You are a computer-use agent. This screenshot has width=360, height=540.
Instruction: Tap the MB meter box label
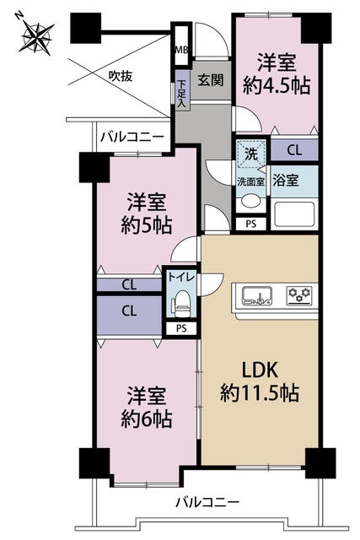click(x=182, y=50)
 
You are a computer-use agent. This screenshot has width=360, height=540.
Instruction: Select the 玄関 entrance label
click(x=211, y=80)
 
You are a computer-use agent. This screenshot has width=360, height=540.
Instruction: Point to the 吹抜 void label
click(x=120, y=76)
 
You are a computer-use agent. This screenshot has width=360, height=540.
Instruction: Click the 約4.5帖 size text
click(x=277, y=86)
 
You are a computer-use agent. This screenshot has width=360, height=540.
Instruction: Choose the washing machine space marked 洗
click(x=251, y=154)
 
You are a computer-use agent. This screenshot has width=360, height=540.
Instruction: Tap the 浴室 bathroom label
click(x=285, y=181)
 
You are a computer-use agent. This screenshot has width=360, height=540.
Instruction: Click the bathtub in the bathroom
click(x=294, y=214)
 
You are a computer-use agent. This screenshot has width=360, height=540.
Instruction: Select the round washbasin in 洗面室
click(x=251, y=202)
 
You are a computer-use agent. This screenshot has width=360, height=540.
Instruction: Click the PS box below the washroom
click(x=251, y=224)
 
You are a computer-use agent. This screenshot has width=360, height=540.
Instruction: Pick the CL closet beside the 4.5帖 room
click(x=294, y=150)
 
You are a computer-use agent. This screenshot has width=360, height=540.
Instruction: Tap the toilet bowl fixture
click(x=182, y=302)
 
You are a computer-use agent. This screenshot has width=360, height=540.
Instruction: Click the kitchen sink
click(x=257, y=296)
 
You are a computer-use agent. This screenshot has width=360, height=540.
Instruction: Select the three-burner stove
click(x=299, y=294)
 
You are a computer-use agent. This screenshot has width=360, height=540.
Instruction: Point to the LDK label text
click(x=260, y=370)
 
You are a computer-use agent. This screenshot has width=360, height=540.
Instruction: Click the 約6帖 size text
click(x=146, y=419)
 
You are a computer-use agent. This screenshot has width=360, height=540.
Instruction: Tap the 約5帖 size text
click(x=146, y=225)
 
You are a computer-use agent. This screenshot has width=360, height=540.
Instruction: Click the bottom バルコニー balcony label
click(x=207, y=503)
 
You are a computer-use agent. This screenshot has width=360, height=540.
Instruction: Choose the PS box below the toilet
click(x=181, y=328)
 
